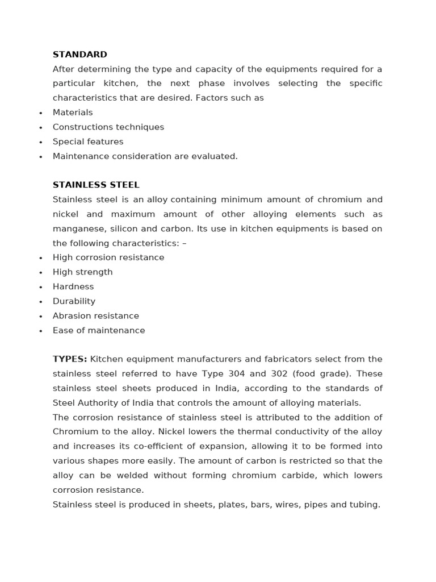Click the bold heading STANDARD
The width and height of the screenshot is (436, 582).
pos(79,55)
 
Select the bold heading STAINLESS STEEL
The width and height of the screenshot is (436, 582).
pos(96,185)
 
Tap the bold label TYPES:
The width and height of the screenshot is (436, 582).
pos(70,359)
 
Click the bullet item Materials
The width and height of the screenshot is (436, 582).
pos(73,113)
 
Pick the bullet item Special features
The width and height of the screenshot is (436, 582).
pos(88,142)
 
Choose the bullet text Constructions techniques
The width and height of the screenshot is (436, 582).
pos(108,127)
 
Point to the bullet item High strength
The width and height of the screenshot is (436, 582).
pos(83,272)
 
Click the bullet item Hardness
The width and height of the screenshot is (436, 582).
pos(73,287)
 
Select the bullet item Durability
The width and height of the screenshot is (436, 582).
pos(74,301)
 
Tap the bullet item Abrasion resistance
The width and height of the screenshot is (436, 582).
pos(96,316)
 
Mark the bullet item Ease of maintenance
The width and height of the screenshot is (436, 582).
pos(99,330)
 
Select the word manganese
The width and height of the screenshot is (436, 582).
pos(77,229)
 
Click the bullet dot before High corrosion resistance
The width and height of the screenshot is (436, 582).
pos(40,259)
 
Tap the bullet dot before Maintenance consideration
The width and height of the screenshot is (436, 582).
pos(40,157)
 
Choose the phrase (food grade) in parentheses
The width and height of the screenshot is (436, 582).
pos(328,374)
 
